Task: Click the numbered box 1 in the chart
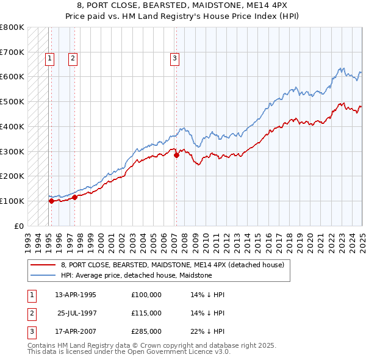point(49,59)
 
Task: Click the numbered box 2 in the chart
point(73,59)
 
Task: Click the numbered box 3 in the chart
point(174,59)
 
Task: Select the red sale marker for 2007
point(176,155)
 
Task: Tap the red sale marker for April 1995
point(51,201)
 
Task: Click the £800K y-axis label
point(13,27)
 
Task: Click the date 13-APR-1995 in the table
point(76,295)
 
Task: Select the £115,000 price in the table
point(146,313)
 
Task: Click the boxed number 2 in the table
point(30,313)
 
